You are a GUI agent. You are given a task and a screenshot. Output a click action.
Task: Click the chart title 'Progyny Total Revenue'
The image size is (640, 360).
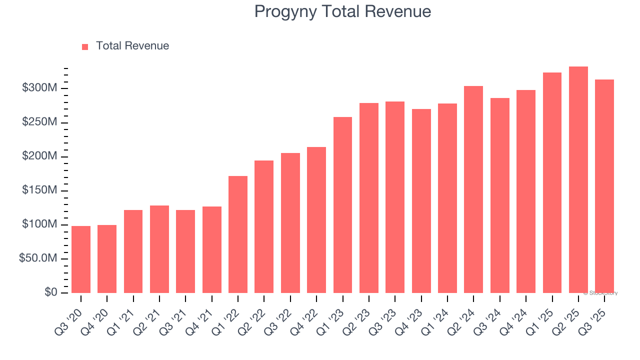click(342, 11)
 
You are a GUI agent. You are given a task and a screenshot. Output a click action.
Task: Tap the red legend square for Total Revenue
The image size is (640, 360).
click(85, 46)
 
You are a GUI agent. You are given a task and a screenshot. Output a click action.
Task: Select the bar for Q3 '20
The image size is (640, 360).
click(81, 259)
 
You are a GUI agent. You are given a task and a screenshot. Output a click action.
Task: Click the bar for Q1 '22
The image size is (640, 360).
click(238, 234)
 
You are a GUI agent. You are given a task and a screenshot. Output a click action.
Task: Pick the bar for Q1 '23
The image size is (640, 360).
click(342, 205)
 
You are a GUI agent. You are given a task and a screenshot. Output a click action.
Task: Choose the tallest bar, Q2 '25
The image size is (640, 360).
click(578, 180)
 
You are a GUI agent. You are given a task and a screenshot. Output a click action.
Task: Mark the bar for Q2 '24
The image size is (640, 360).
click(473, 189)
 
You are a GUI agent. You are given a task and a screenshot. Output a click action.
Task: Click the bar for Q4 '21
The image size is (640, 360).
click(211, 249)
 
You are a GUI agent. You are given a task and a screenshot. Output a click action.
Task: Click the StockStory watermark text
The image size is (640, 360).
click(600, 293)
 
